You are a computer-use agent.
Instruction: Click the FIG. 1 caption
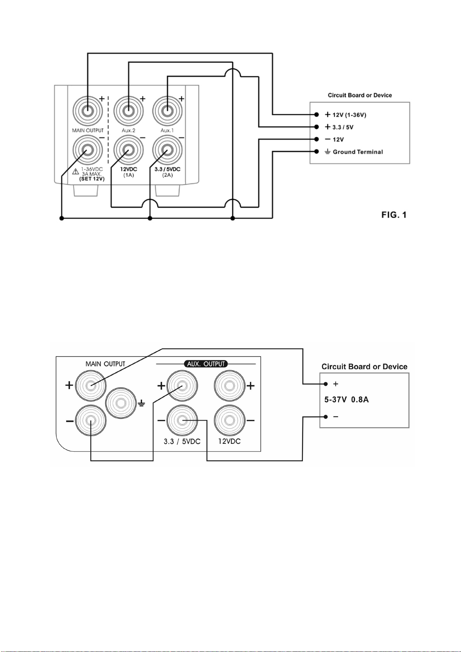click(394, 215)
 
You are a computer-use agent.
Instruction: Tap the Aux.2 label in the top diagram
click(128, 130)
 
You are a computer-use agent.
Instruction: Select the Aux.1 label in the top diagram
click(167, 130)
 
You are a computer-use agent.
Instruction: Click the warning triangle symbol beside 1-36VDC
click(75, 171)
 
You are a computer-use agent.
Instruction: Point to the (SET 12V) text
click(92, 179)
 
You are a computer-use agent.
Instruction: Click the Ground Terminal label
click(358, 152)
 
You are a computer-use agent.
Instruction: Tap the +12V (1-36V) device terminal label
click(345, 115)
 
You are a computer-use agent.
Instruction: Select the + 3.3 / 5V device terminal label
click(339, 127)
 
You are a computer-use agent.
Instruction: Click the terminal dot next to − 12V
click(316, 139)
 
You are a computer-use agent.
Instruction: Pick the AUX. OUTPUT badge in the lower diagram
click(206, 364)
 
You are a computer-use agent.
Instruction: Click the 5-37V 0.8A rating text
click(347, 400)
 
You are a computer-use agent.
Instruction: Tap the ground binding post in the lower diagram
click(120, 403)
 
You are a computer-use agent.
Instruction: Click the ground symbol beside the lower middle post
click(141, 404)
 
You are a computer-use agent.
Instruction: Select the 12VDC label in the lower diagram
click(229, 441)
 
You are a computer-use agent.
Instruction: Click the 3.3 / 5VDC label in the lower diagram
click(182, 442)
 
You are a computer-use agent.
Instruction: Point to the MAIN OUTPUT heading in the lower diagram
click(105, 364)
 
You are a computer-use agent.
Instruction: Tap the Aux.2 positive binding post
click(128, 111)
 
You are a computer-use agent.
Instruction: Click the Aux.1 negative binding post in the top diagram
click(167, 150)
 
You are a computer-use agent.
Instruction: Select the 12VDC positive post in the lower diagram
click(229, 386)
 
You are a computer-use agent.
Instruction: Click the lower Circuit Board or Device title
click(364, 367)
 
